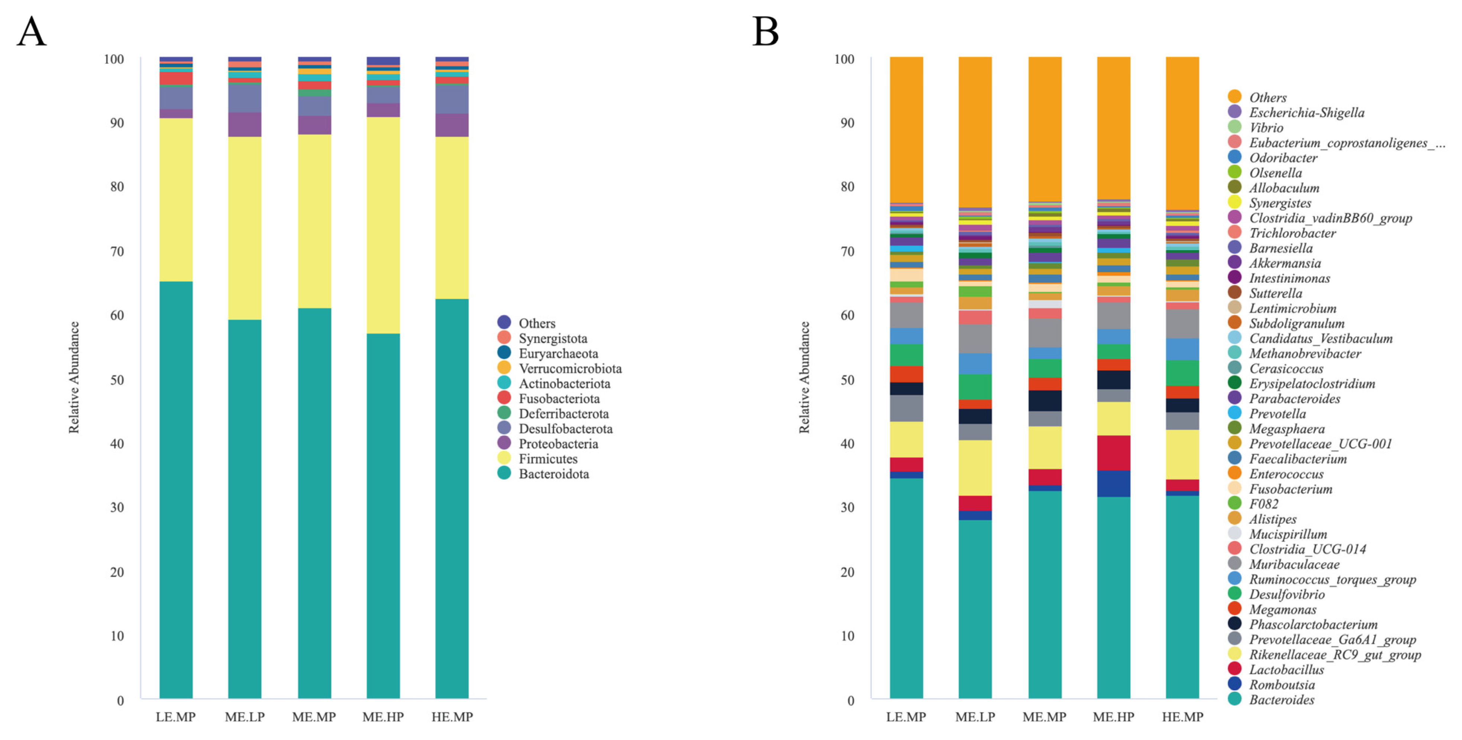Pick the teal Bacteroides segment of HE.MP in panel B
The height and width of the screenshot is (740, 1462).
pos(1182,596)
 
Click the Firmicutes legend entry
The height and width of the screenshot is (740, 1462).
pos(548,459)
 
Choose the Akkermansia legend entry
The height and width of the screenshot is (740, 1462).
pos(1284,263)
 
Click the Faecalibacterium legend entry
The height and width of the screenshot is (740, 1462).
pos(1297,459)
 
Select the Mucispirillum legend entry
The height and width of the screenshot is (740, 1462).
pos(1288,534)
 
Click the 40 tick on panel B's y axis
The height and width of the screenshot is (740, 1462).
pos(847,443)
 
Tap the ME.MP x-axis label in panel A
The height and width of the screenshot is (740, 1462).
pos(314,717)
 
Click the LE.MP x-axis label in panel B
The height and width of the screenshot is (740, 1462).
pos(906,717)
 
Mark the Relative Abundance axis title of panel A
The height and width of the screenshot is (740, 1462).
pos(74,377)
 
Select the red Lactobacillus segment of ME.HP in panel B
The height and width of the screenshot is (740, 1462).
pos(1114,452)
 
